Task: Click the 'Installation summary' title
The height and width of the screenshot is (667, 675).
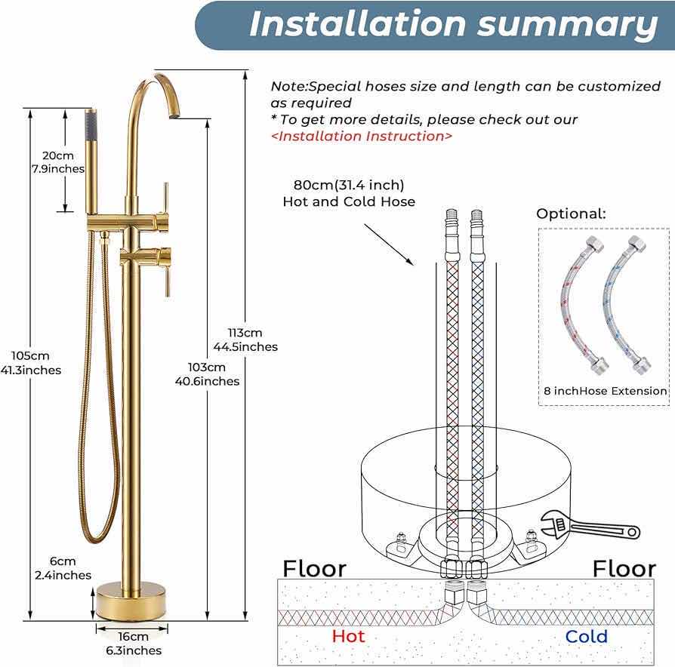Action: (x=453, y=25)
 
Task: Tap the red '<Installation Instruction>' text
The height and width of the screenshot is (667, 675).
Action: (x=362, y=136)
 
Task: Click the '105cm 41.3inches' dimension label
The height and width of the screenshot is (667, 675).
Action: (x=31, y=363)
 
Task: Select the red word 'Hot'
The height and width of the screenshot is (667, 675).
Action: (x=348, y=636)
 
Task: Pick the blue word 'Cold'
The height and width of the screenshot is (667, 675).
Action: (x=586, y=636)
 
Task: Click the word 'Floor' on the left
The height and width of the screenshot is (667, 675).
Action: (x=314, y=568)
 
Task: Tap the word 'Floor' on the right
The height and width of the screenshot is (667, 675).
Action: (x=624, y=568)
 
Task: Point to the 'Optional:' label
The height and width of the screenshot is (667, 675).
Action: (x=571, y=214)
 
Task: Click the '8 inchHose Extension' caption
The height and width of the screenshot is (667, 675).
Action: (x=605, y=391)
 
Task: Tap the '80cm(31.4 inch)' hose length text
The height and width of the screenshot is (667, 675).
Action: (x=349, y=185)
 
